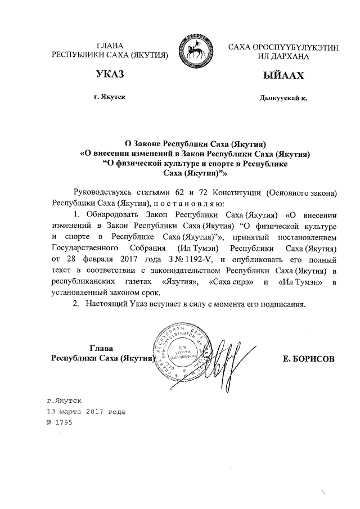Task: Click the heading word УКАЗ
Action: click(110, 75)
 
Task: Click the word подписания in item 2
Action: click(286, 304)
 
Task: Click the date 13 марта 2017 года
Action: click(86, 411)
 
